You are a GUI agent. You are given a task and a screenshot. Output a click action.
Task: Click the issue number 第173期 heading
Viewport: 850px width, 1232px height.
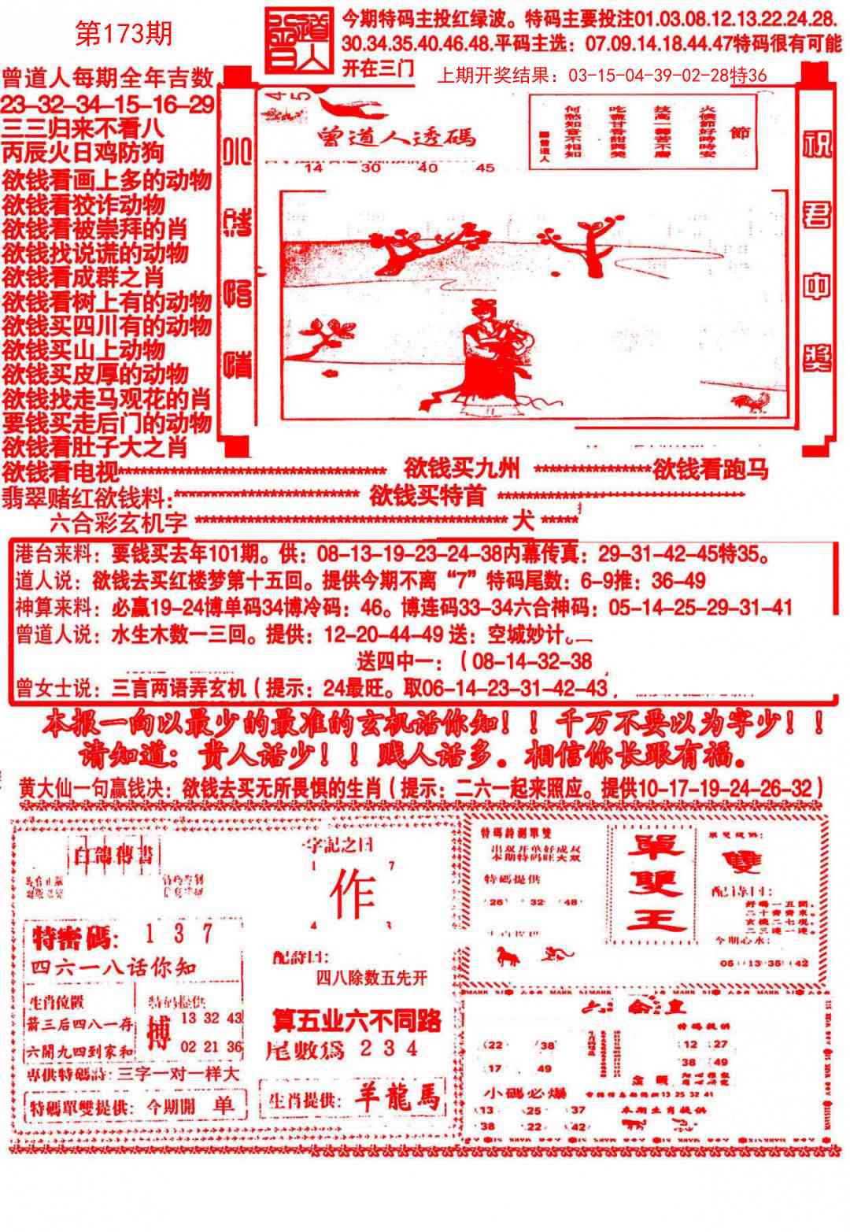point(123,33)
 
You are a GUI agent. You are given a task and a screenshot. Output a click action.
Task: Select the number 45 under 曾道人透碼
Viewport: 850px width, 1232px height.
point(486,168)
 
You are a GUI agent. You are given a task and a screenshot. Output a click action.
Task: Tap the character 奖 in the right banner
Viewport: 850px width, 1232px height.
point(817,358)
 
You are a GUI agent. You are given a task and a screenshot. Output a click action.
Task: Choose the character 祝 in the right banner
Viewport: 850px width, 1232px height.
point(817,143)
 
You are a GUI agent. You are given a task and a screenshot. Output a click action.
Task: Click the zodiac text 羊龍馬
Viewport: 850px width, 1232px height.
point(397,1099)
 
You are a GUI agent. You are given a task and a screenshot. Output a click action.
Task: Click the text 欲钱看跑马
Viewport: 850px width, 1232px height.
point(710,470)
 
